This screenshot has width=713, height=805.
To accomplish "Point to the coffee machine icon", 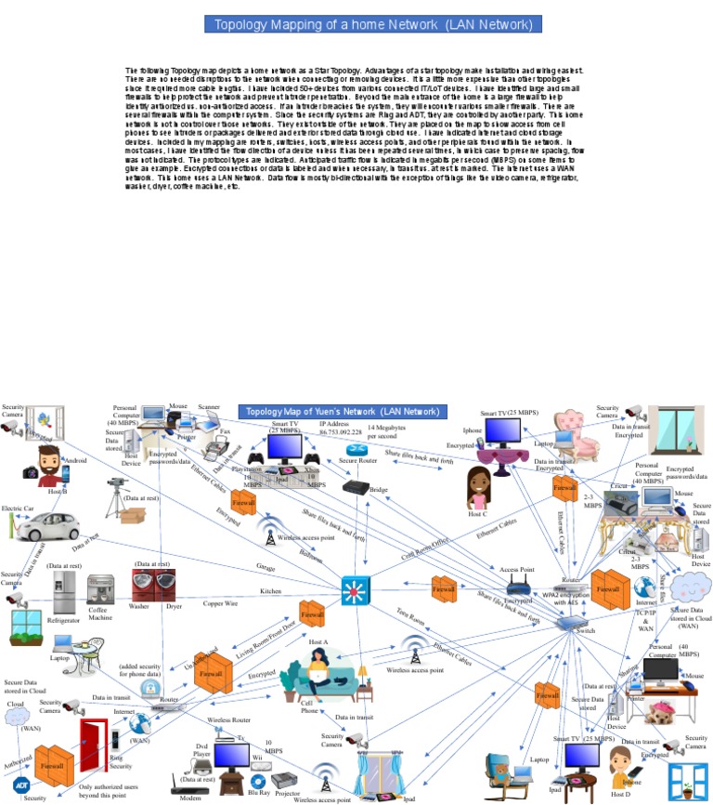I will tap(100, 592).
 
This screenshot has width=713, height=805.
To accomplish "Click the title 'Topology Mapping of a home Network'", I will tap(356, 25).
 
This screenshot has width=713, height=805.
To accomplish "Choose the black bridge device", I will tap(356, 485).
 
